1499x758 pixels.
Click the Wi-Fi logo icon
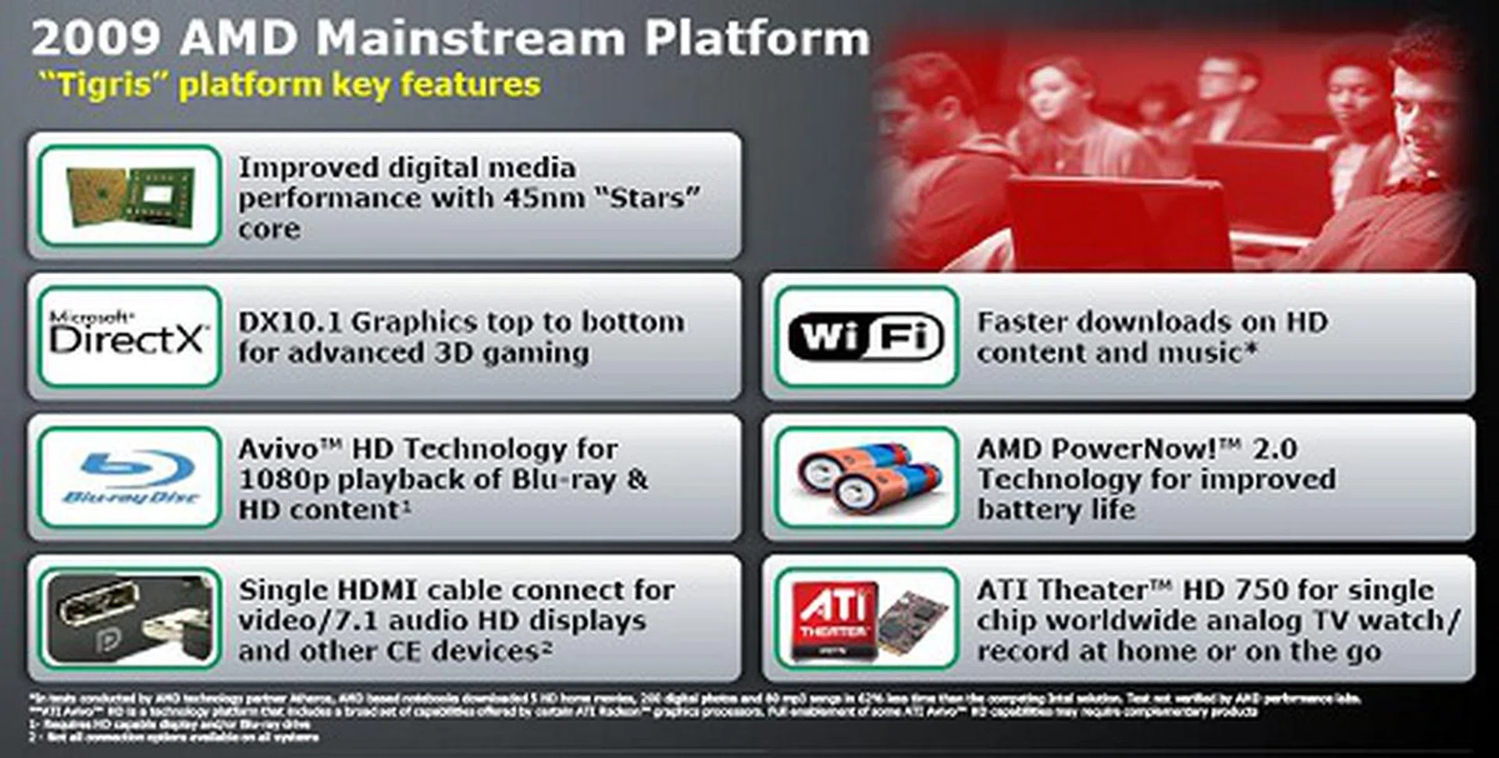coord(866,337)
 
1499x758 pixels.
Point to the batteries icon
coord(867,477)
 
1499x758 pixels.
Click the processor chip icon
coord(130,196)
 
